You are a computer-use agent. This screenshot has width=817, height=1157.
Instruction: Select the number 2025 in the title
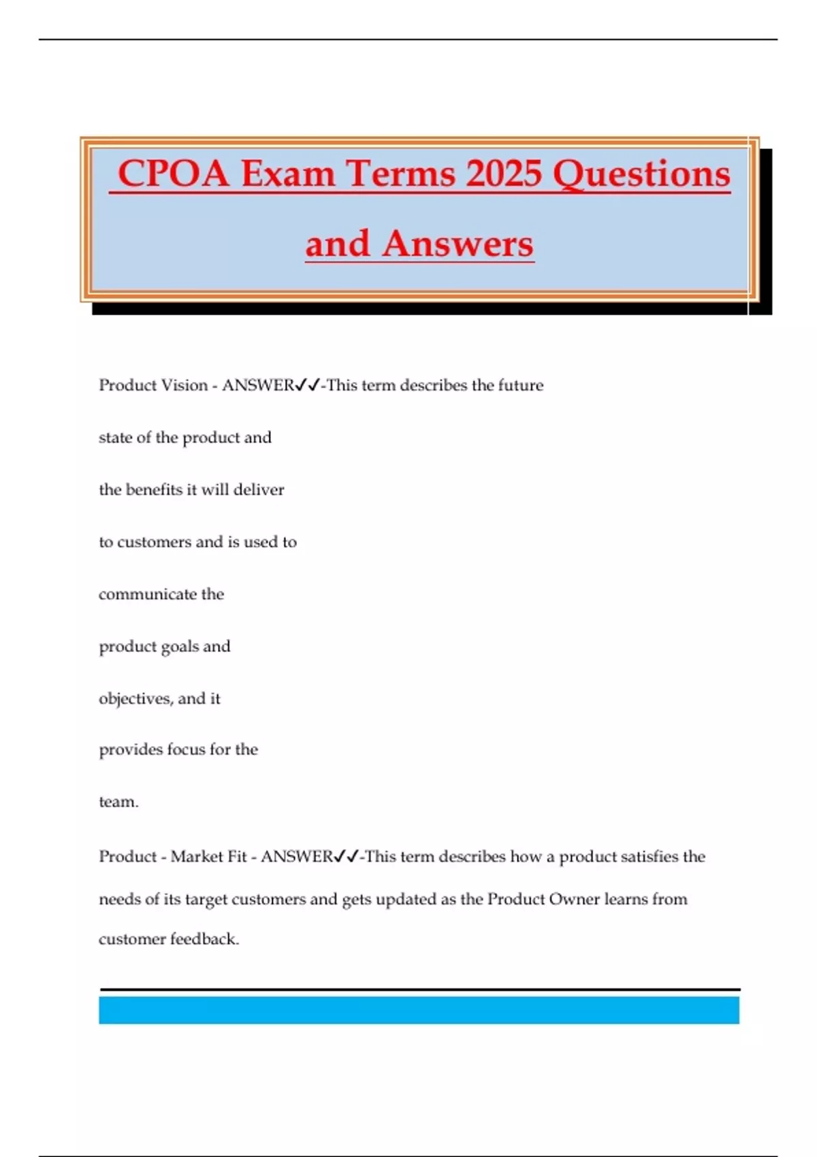[504, 174]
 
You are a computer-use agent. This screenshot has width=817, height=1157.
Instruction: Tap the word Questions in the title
[641, 174]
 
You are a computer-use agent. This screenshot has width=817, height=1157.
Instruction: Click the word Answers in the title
[458, 244]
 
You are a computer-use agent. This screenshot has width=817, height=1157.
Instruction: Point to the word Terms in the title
[401, 174]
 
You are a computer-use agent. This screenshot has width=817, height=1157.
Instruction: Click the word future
[521, 385]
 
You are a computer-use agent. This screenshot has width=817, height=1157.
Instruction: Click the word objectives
[135, 699]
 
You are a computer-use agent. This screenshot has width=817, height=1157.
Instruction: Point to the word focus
[183, 749]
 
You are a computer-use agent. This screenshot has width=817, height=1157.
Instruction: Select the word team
[117, 802]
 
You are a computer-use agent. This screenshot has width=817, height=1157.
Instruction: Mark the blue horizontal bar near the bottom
[419, 1010]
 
